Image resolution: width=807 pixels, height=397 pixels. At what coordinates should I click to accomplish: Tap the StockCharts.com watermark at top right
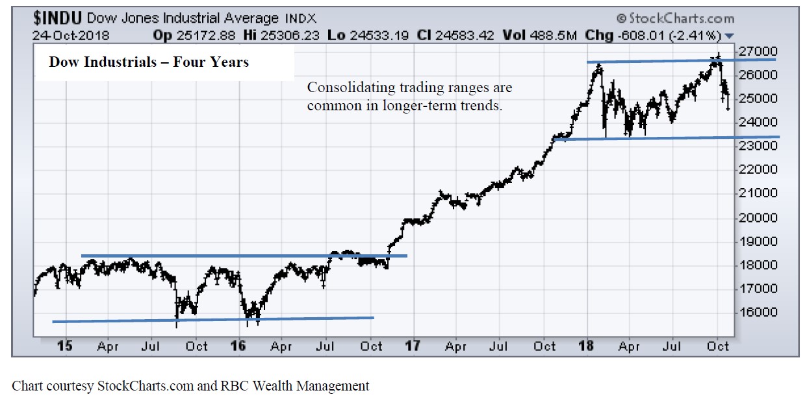[x=675, y=18]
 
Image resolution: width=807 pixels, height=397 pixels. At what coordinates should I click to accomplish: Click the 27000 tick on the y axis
[x=760, y=51]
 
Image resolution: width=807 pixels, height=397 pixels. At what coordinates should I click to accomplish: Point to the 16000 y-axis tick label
[x=760, y=312]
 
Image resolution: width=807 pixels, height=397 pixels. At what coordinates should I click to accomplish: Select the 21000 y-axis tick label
[x=760, y=193]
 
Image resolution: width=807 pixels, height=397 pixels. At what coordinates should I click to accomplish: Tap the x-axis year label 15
[x=64, y=346]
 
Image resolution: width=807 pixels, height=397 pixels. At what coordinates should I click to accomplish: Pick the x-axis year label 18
[x=587, y=346]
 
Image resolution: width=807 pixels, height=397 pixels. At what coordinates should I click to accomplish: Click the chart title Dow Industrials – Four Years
[x=148, y=63]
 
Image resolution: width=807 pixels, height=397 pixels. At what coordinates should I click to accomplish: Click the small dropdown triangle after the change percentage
[x=729, y=36]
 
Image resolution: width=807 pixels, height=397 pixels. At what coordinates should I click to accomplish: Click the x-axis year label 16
[x=238, y=346]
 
